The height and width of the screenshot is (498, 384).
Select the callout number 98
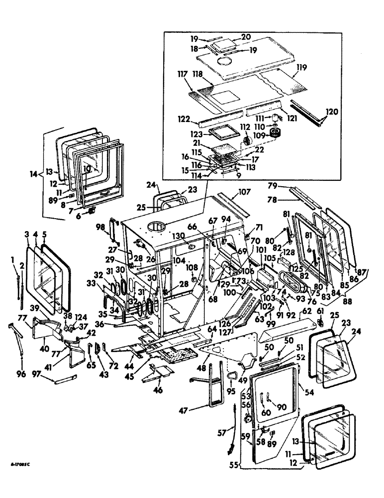click(x=101, y=227)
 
